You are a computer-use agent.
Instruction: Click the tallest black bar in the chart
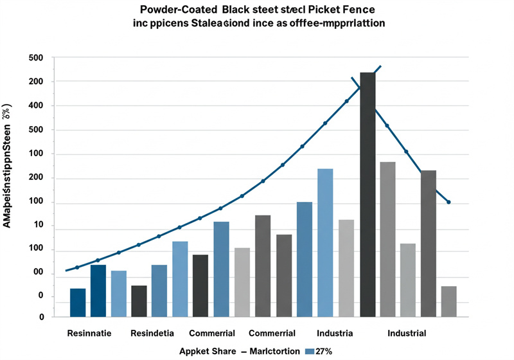[368, 193]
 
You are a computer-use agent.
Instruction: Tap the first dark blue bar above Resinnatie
[78, 302]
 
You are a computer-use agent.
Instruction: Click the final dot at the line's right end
[448, 203]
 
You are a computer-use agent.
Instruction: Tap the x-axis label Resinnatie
[89, 334]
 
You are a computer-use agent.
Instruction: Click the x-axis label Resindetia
[153, 334]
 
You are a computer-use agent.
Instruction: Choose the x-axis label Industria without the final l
[335, 334]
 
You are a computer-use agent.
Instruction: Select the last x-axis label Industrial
[407, 334]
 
